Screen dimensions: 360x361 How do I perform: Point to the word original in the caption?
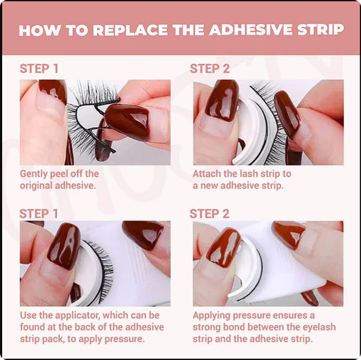pyautogui.click(x=40, y=185)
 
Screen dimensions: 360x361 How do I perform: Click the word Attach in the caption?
pyautogui.click(x=208, y=174)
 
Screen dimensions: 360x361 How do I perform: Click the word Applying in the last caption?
pyautogui.click(x=214, y=316)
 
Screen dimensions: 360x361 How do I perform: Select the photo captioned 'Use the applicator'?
pyautogui.click(x=95, y=263)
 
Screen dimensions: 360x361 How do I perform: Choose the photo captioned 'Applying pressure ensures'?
pyautogui.click(x=267, y=263)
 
